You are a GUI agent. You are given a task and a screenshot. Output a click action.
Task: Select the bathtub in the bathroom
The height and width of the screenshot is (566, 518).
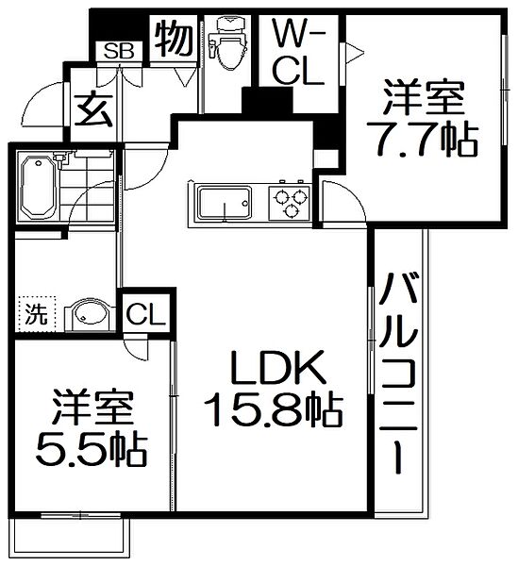pos(37,186)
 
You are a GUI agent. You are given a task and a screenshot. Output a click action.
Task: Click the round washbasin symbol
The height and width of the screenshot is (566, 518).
pos(90,314)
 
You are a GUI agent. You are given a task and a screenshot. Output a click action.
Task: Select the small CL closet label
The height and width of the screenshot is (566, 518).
pos(145,312)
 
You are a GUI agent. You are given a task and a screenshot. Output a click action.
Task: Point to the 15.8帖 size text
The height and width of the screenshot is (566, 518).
pos(273,410)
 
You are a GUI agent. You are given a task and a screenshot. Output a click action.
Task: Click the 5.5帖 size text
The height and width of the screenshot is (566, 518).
pos(92,451)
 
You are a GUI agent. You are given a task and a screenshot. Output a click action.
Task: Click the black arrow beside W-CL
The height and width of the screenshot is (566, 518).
pos(349,55)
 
